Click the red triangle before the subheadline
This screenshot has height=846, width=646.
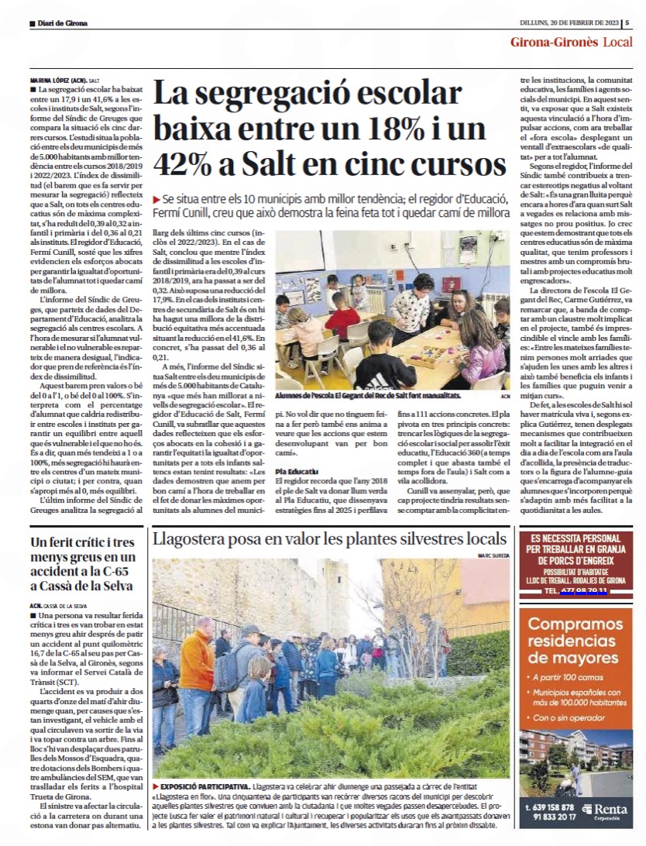[157, 199]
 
